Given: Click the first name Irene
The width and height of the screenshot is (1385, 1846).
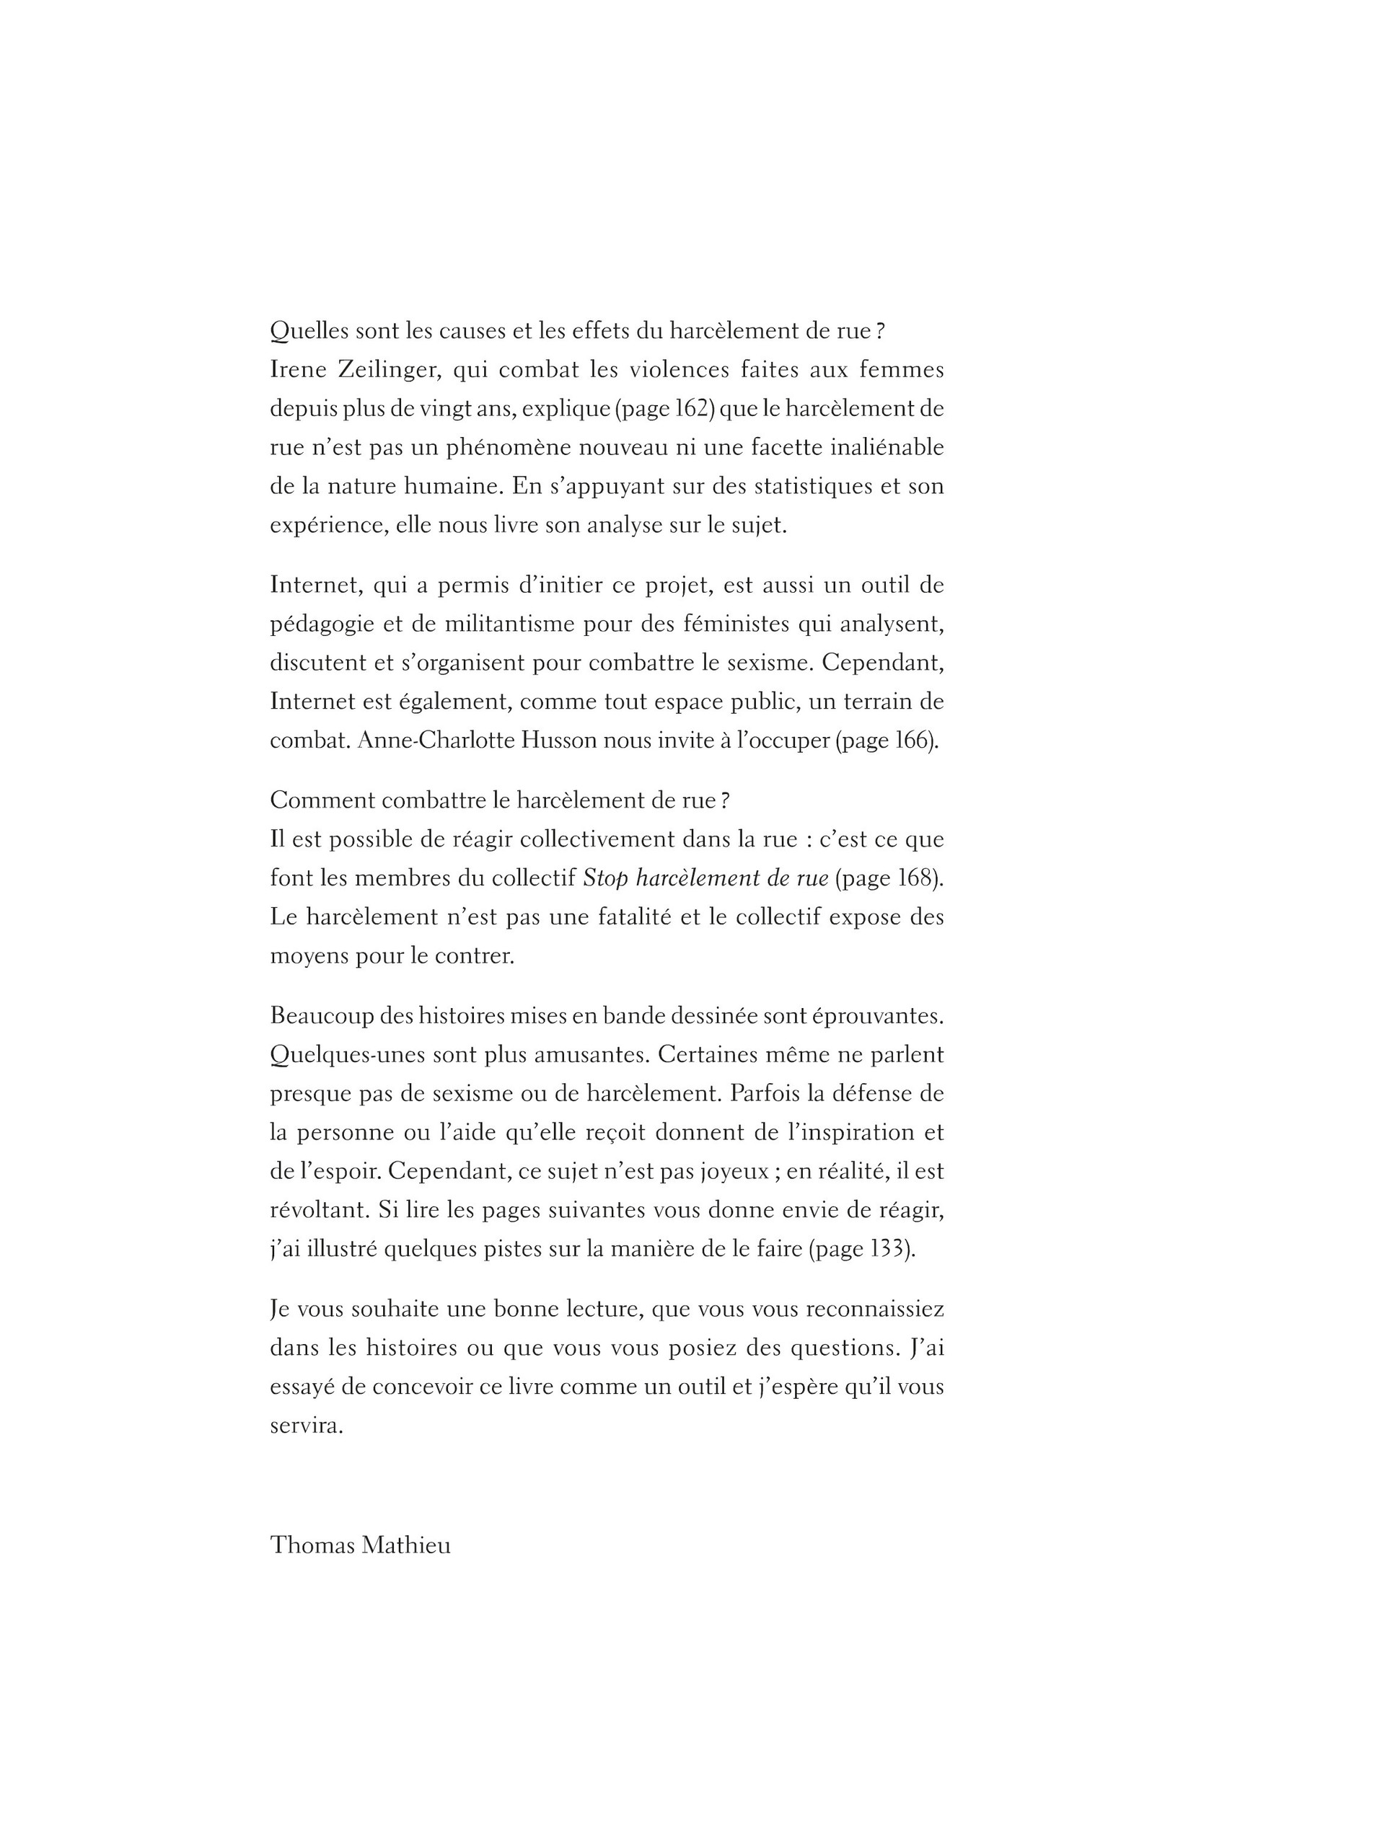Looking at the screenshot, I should (296, 370).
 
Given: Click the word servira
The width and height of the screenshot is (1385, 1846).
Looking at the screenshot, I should (307, 1426).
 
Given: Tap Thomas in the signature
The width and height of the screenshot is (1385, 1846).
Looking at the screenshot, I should (312, 1545).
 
